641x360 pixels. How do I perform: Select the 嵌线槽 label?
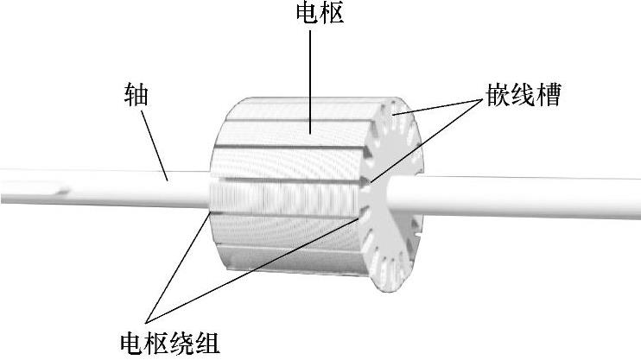[x=523, y=96]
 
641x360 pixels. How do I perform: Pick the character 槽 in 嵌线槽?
[x=549, y=96]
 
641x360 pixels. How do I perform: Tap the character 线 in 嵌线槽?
[x=523, y=96]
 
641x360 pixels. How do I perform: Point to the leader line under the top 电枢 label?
[x=311, y=78]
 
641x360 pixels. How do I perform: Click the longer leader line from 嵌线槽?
[x=423, y=142]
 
